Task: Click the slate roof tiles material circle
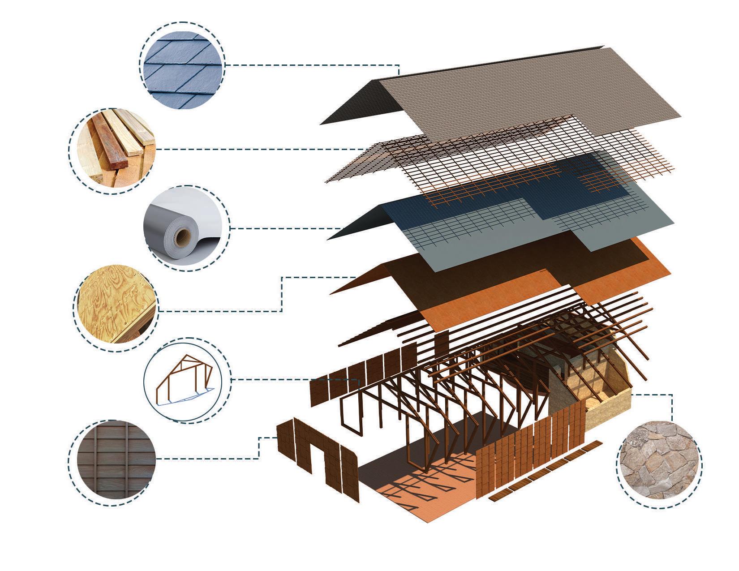[x=182, y=65]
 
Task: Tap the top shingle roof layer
[x=493, y=94]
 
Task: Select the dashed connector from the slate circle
[x=314, y=65]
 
